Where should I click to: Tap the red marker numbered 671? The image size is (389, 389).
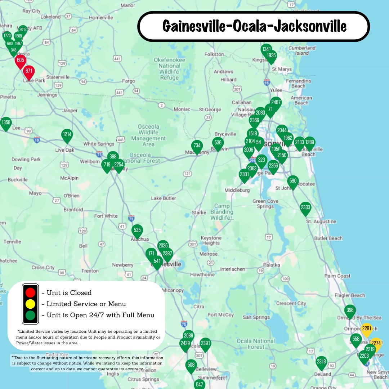pyautogui.click(x=29, y=71)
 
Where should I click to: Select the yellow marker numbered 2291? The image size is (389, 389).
pyautogui.click(x=366, y=329)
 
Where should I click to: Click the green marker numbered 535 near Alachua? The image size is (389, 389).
pyautogui.click(x=137, y=231)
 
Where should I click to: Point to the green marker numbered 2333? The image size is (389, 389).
pyautogui.click(x=305, y=208)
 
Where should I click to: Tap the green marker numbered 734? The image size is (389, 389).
pyautogui.click(x=197, y=146)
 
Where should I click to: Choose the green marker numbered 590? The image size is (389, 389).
pyautogui.click(x=293, y=181)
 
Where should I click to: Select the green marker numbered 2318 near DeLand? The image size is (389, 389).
pyautogui.click(x=321, y=362)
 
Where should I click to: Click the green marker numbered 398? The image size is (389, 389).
pyautogui.click(x=350, y=310)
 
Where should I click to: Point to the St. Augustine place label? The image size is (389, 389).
pyautogui.click(x=321, y=222)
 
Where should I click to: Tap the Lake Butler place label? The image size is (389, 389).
pyautogui.click(x=164, y=198)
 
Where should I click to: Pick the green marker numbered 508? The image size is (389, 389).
pyautogui.click(x=191, y=365)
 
